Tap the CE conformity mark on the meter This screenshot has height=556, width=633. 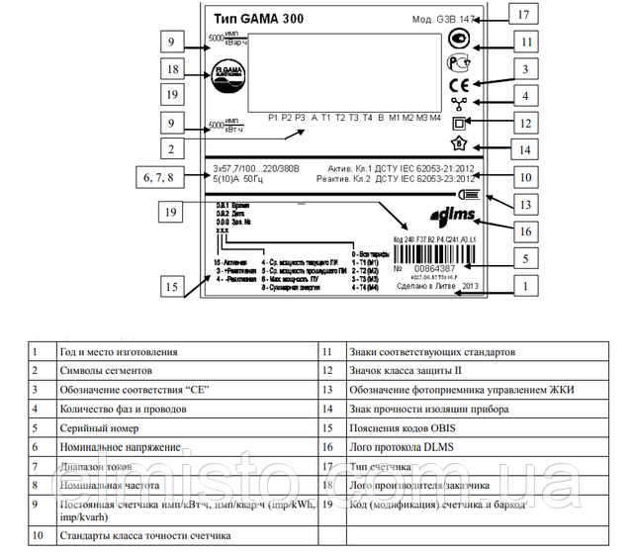point(458,85)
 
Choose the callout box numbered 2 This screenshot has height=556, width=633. point(172,149)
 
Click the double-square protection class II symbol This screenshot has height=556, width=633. point(458,125)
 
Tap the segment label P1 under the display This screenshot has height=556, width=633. point(272,117)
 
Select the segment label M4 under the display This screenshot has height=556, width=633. point(434,117)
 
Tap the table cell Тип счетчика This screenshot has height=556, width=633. point(377,466)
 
